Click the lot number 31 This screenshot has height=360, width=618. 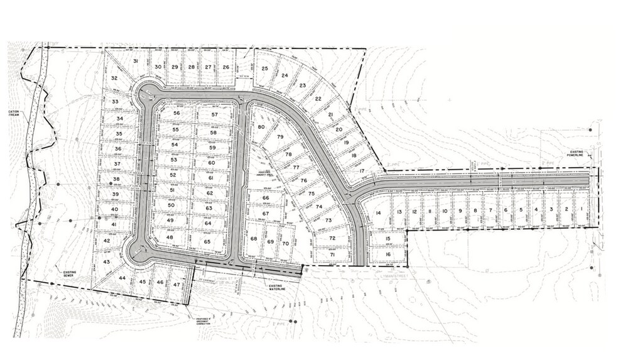tap(135, 61)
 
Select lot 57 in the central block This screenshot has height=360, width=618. tap(214, 114)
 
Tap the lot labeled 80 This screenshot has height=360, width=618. tap(261, 127)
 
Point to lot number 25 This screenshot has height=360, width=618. tap(265, 68)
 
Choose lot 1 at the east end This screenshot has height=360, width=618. tap(582, 209)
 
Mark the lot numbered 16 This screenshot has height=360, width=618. tap(388, 254)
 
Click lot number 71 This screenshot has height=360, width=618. tap(333, 254)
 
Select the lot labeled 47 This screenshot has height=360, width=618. tap(176, 283)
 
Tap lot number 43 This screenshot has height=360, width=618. tap(107, 261)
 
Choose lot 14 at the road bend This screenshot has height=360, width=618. tap(378, 213)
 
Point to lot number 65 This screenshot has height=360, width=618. tap(207, 241)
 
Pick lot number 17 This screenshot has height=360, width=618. tap(362, 170)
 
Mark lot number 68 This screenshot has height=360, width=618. tap(254, 239)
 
